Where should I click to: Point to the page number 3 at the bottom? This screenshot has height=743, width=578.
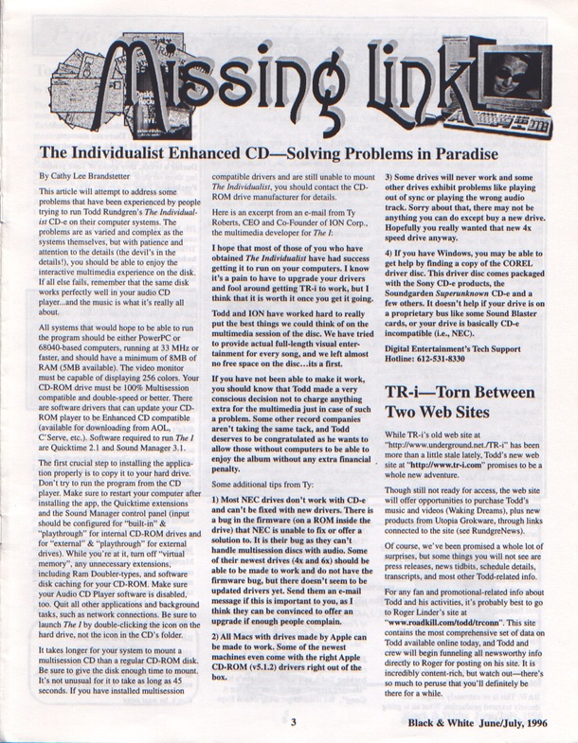click(295, 722)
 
